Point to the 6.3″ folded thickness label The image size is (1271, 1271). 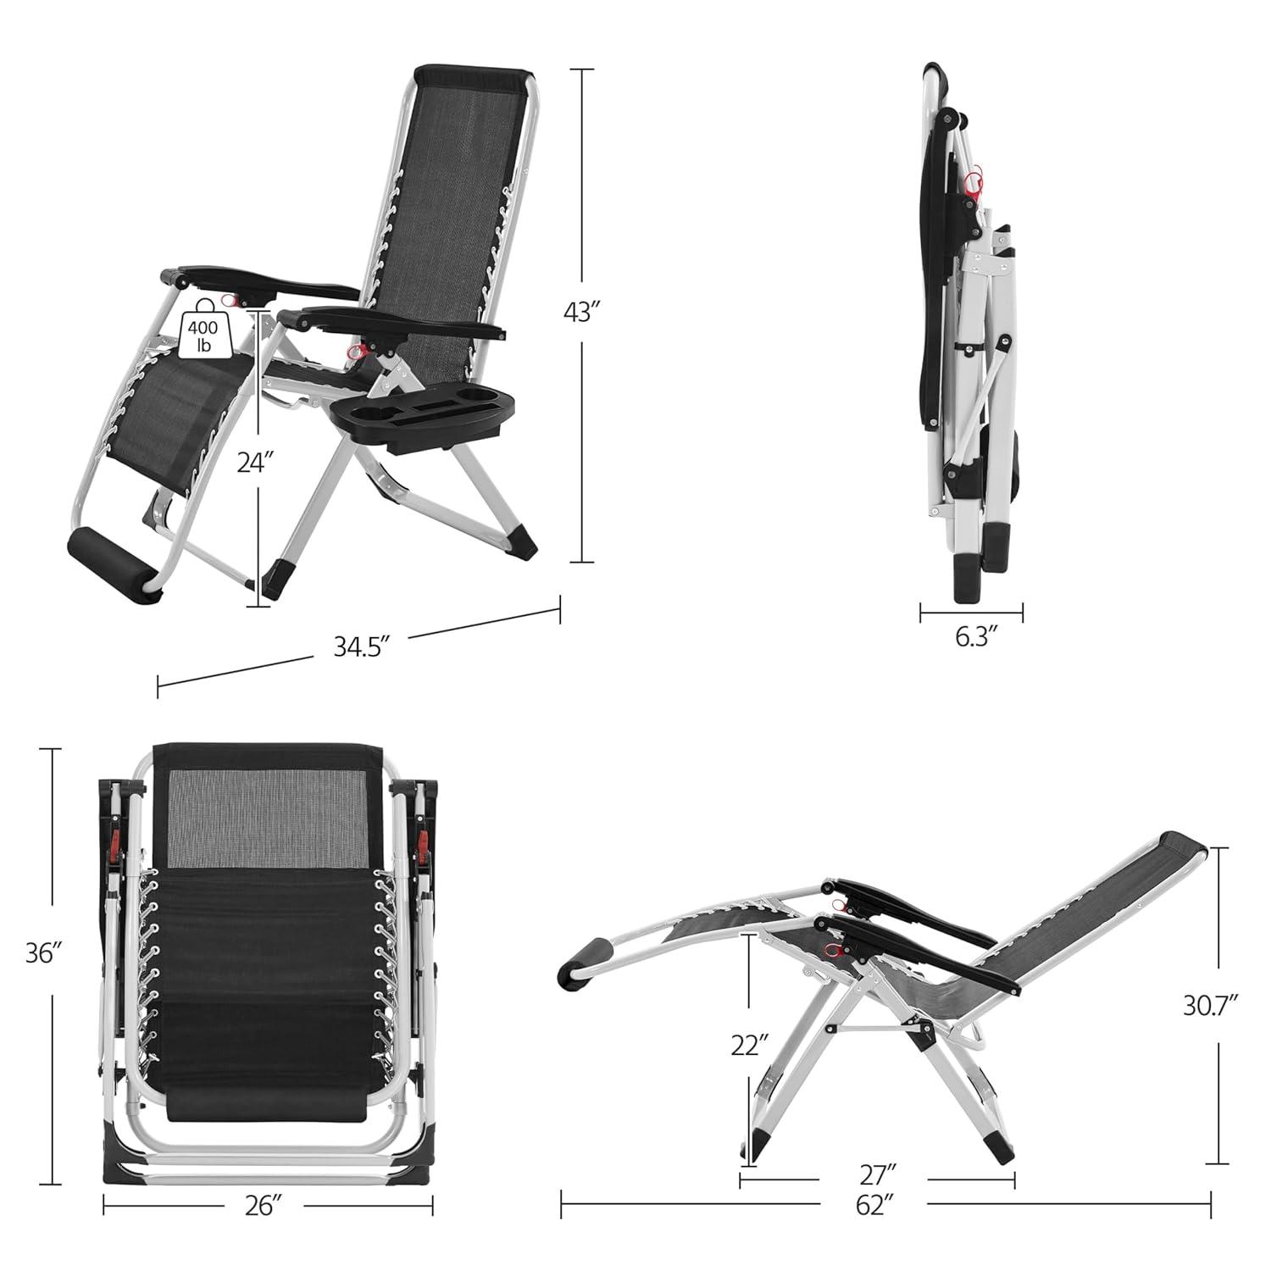972,637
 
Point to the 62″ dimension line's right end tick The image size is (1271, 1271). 1211,1204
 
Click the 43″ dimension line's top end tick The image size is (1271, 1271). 581,69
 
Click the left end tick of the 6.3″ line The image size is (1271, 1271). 921,612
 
